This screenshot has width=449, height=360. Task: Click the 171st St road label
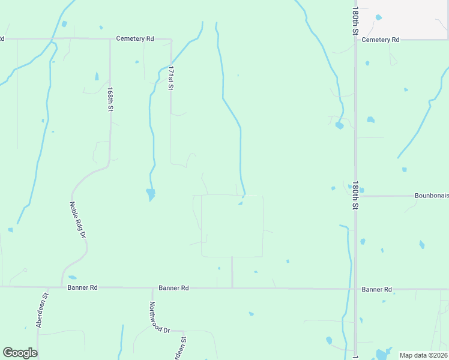coord(170,78)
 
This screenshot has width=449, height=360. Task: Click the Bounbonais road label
coord(431,196)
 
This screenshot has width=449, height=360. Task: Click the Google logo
coord(20,353)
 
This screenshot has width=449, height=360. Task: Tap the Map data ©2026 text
coord(423,355)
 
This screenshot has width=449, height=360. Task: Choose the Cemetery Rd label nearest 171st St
coord(135,38)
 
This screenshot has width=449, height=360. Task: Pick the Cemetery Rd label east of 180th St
coord(381,40)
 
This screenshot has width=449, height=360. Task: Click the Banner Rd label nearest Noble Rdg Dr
coord(82,287)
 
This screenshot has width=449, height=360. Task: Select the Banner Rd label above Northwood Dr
coord(173,288)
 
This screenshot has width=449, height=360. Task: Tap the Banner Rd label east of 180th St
coord(377,289)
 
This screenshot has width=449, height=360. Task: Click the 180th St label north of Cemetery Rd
coord(355,21)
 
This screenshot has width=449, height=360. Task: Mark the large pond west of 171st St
coord(150,194)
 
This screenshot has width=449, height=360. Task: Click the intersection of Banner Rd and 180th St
coord(355,289)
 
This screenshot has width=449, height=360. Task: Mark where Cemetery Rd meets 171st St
coord(171,40)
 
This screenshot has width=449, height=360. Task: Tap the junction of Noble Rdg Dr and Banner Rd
coord(62,287)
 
